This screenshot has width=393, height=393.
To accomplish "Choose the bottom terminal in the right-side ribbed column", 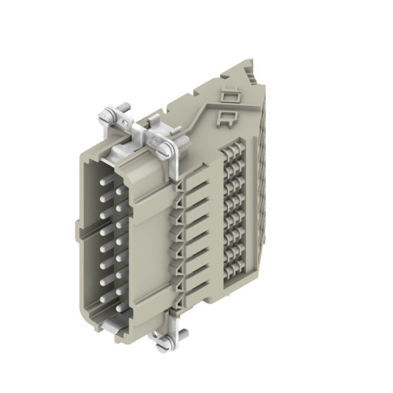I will (x=233, y=262).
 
